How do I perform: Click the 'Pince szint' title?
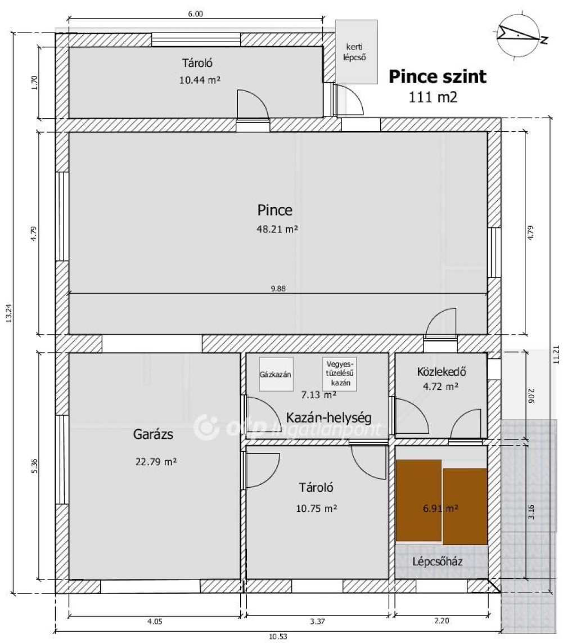tap(438, 77)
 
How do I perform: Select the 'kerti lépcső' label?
tap(354, 52)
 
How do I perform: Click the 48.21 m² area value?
tap(277, 229)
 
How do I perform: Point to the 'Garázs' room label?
tap(153, 434)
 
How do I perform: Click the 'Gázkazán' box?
tap(276, 374)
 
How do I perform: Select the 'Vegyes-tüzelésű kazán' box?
tap(339, 374)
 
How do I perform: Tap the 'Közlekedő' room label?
tap(442, 371)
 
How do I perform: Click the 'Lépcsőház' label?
tap(438, 561)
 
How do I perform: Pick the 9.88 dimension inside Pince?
tap(278, 289)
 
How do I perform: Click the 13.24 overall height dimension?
tap(9, 313)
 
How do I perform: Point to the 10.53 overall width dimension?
tap(278, 636)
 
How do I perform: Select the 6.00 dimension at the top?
tap(196, 14)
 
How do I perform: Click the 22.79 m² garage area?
tap(156, 462)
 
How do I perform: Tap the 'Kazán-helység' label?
tap(329, 418)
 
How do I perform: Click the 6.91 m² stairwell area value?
tap(440, 509)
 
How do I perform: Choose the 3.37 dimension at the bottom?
tap(317, 621)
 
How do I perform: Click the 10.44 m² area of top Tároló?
tap(200, 80)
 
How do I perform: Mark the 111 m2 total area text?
tap(433, 97)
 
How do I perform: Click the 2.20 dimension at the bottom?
tap(442, 621)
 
